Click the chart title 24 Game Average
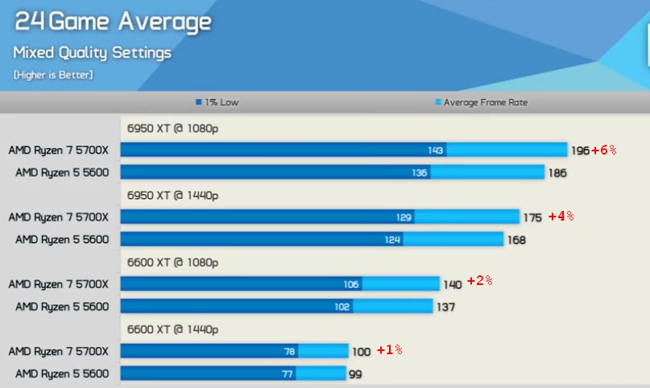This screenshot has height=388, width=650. pyautogui.click(x=113, y=22)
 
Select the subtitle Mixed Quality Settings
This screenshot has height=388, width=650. pyautogui.click(x=92, y=53)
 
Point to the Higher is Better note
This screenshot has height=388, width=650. pyautogui.click(x=53, y=75)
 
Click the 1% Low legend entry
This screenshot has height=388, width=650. pyautogui.click(x=217, y=102)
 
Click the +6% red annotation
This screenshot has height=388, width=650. pyautogui.click(x=603, y=150)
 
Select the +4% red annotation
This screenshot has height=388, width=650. pyautogui.click(x=561, y=217)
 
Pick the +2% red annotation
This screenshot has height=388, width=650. pyautogui.click(x=479, y=282)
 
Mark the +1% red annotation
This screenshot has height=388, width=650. pyautogui.click(x=389, y=350)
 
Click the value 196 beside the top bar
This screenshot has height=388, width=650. pyautogui.click(x=580, y=151)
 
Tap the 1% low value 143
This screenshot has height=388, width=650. pyautogui.click(x=436, y=151)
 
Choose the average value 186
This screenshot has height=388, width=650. pyautogui.click(x=557, y=172)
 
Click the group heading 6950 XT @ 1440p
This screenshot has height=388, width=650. pyautogui.click(x=172, y=195)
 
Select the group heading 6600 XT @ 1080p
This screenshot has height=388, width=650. pyautogui.click(x=172, y=262)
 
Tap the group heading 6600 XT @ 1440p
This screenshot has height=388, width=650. pyautogui.click(x=172, y=329)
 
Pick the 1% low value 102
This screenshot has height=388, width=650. pyautogui.click(x=342, y=307)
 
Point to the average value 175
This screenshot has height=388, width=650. pyautogui.click(x=532, y=217)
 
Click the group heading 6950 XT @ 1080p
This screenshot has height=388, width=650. pyautogui.click(x=172, y=128)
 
